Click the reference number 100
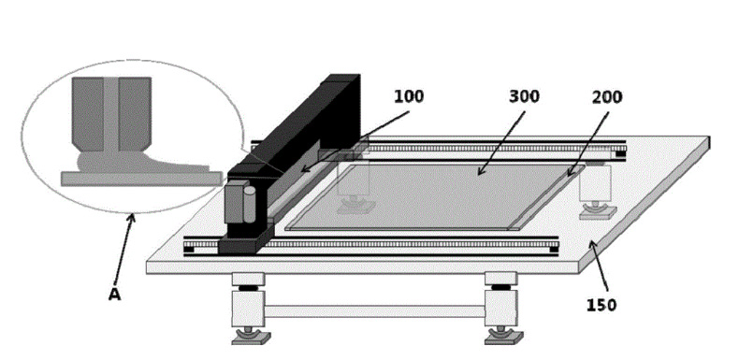click(x=409, y=96)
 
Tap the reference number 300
click(x=524, y=96)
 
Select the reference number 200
click(x=607, y=97)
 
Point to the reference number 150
click(x=601, y=306)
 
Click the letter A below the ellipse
click(x=114, y=295)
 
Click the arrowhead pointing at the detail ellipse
click(x=132, y=218)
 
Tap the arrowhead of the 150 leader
click(x=591, y=245)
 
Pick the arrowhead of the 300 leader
click(x=481, y=171)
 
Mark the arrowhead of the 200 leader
click(x=571, y=172)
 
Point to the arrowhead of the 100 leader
click(x=305, y=168)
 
